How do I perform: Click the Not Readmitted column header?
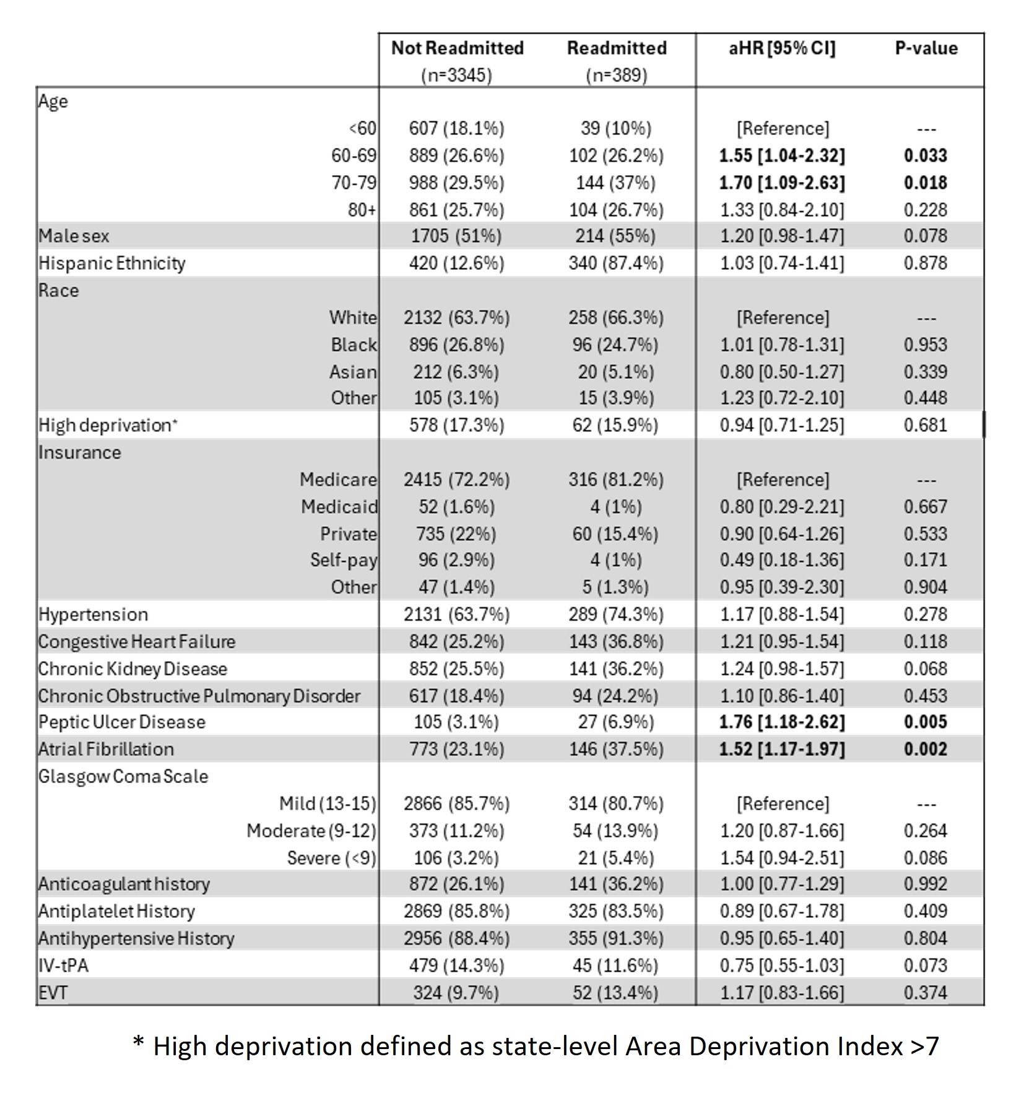point(457,48)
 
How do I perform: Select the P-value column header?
point(926,48)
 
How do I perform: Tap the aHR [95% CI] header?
point(781,48)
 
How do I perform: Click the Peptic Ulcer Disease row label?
point(121,722)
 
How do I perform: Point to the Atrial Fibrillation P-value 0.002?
point(925,750)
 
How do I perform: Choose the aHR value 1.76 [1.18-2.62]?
point(781,722)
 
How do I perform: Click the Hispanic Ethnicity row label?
point(111,264)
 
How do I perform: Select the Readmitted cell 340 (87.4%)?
point(615,264)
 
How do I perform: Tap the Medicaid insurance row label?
point(339,507)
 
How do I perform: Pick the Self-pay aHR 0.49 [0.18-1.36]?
point(781,560)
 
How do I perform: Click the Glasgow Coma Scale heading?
point(123,777)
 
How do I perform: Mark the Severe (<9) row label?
point(331,858)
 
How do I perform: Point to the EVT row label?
point(53,993)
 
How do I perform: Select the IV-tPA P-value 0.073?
point(925,966)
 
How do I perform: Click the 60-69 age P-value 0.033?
point(925,155)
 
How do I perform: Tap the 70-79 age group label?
point(354,183)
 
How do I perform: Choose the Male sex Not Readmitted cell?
point(456,236)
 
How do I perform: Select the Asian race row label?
point(353,372)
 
